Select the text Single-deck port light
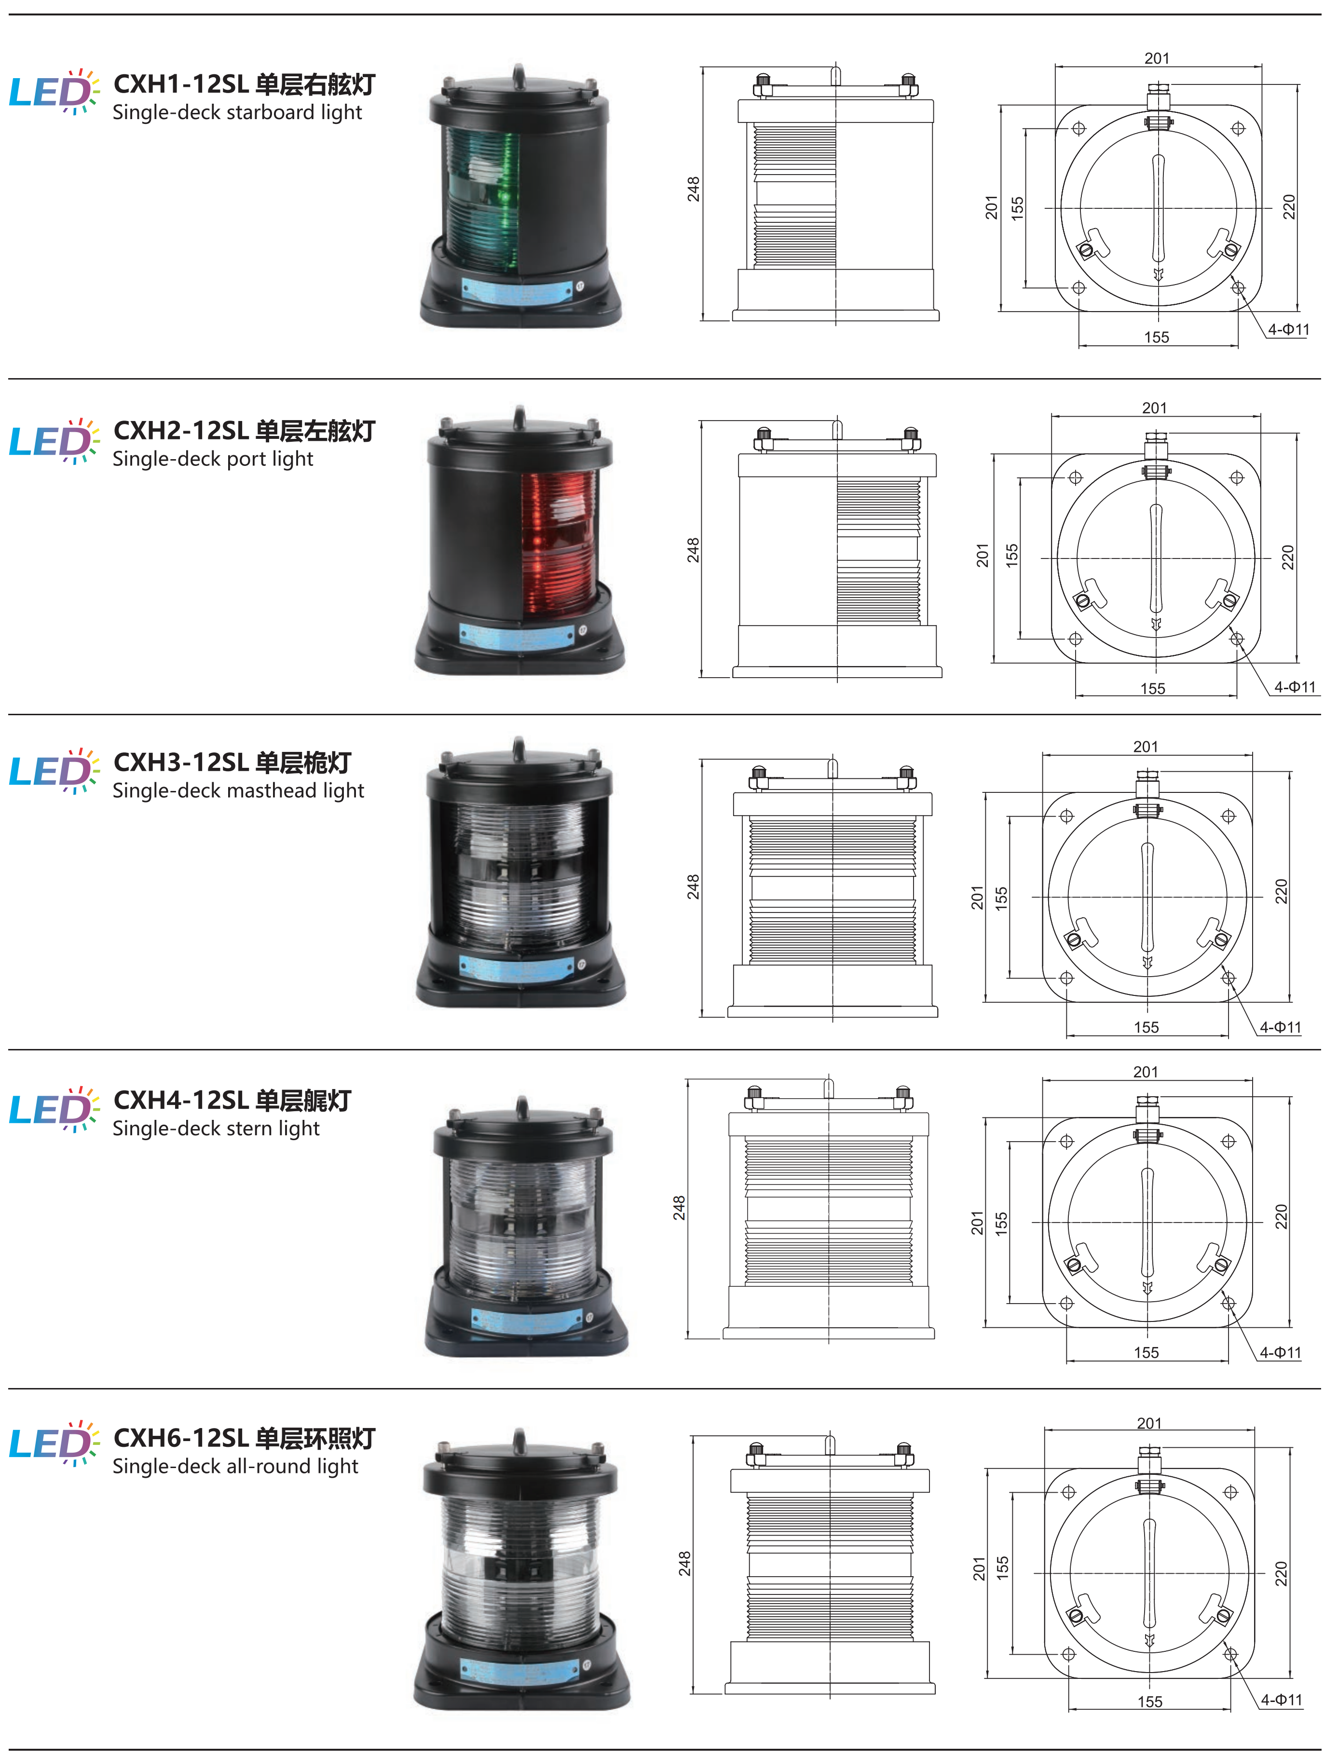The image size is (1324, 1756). point(213,459)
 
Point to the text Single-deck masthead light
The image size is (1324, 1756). point(238,790)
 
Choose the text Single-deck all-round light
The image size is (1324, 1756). point(235,1466)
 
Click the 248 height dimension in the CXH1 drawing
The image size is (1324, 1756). point(694,189)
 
